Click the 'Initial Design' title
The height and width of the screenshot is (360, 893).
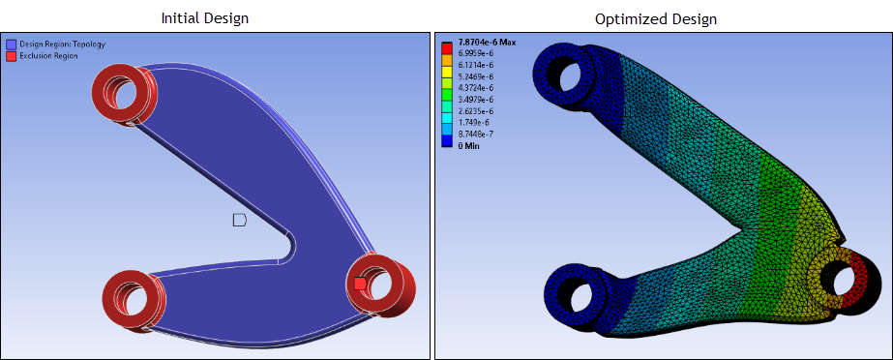[204, 17]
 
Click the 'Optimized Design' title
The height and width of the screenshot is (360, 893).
[656, 18]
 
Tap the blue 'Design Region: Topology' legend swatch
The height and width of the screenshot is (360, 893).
[11, 44]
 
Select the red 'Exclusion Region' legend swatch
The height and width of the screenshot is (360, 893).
[11, 56]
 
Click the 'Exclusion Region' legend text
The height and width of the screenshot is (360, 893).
[49, 56]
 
